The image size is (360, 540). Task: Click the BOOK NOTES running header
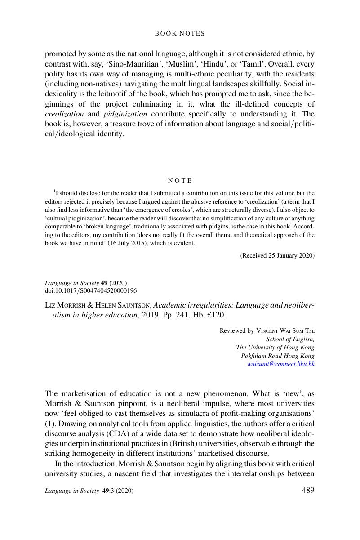click(180, 33)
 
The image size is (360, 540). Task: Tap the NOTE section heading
click(180, 181)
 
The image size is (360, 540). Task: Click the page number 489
click(307, 491)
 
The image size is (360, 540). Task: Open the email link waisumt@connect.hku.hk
click(280, 364)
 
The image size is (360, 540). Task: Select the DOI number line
click(91, 291)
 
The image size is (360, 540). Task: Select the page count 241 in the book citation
click(174, 315)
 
